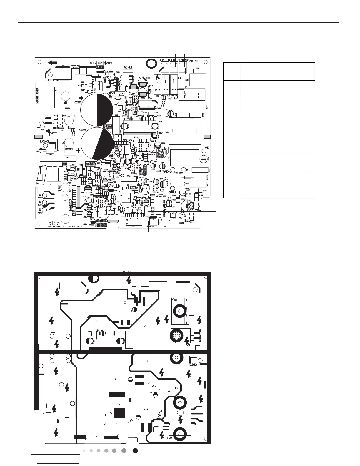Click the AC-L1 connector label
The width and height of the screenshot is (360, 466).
point(128,67)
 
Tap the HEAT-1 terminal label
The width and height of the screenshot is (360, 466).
point(164,60)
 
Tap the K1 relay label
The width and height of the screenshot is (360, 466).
point(186,87)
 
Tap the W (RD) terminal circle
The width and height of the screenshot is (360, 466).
point(45,195)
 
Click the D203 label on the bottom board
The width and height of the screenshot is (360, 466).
point(193,365)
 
